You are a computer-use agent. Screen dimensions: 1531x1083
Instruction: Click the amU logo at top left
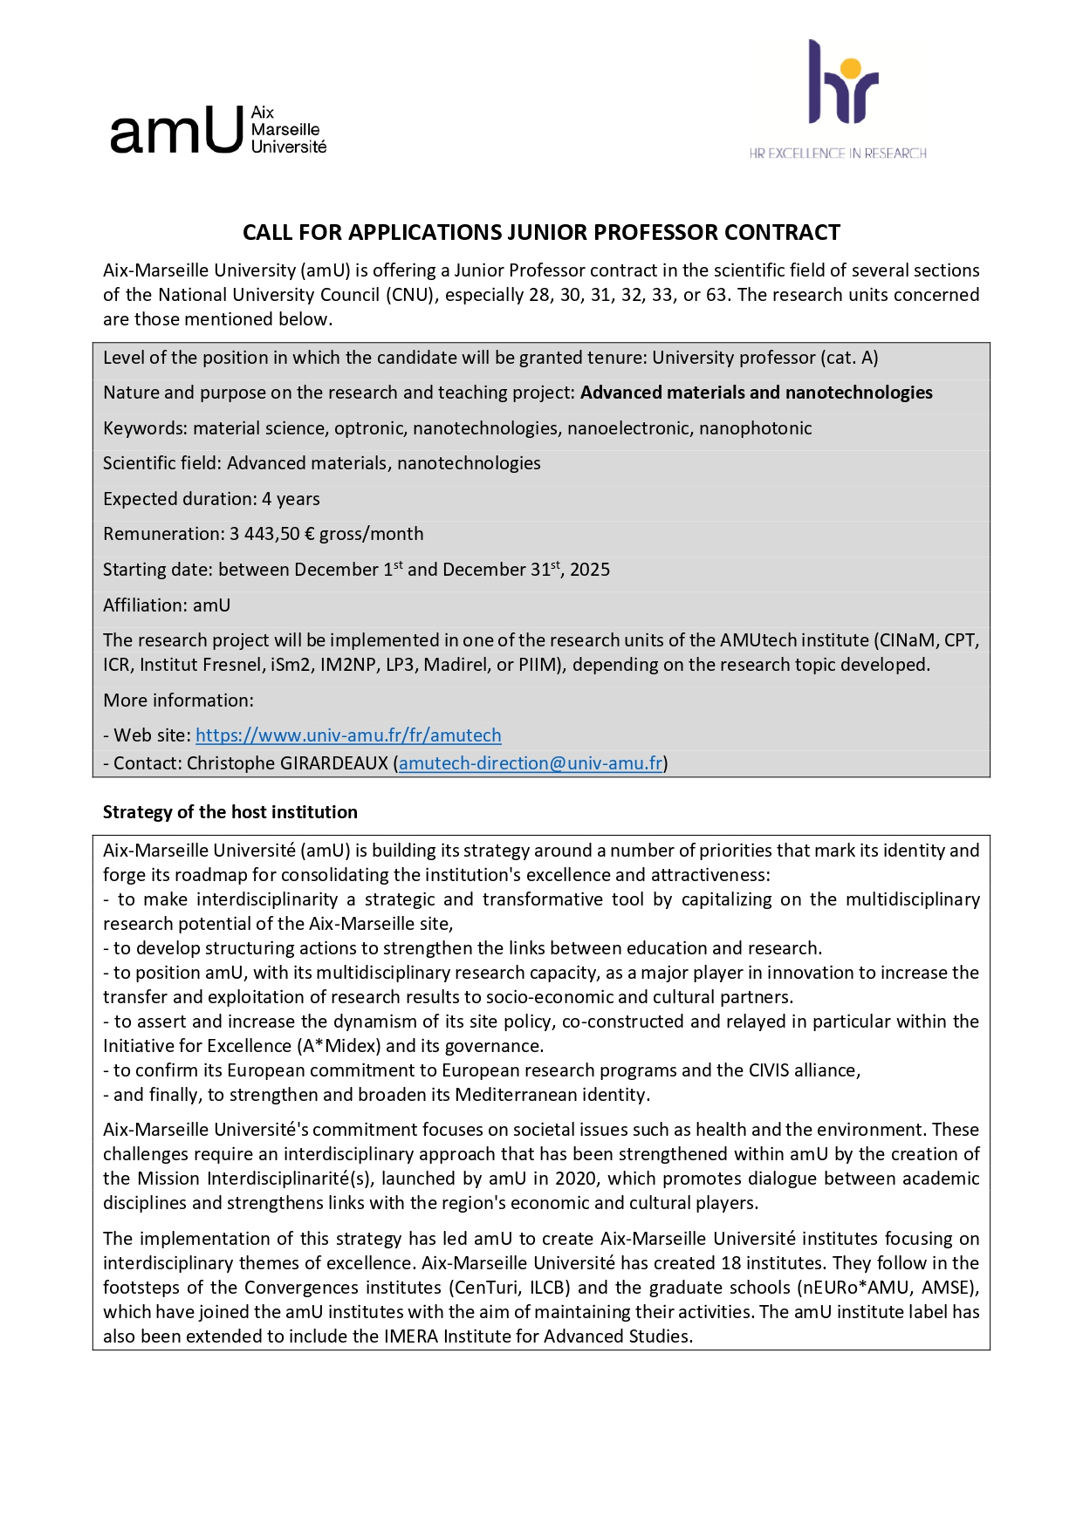coord(218,131)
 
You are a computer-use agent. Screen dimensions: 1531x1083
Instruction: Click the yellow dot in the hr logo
coord(853,66)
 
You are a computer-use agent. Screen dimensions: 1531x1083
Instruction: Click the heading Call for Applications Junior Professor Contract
coord(541,233)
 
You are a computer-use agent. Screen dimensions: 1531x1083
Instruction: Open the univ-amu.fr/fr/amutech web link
coord(348,735)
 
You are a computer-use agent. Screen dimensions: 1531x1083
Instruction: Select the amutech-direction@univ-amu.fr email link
coord(531,763)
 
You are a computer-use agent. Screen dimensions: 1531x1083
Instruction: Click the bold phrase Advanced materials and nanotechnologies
coord(756,393)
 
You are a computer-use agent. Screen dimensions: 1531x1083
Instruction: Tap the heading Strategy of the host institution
coord(230,812)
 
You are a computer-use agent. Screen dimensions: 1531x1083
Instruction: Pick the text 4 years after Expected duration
coord(291,499)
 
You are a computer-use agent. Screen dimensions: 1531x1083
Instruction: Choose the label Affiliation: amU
coord(167,605)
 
